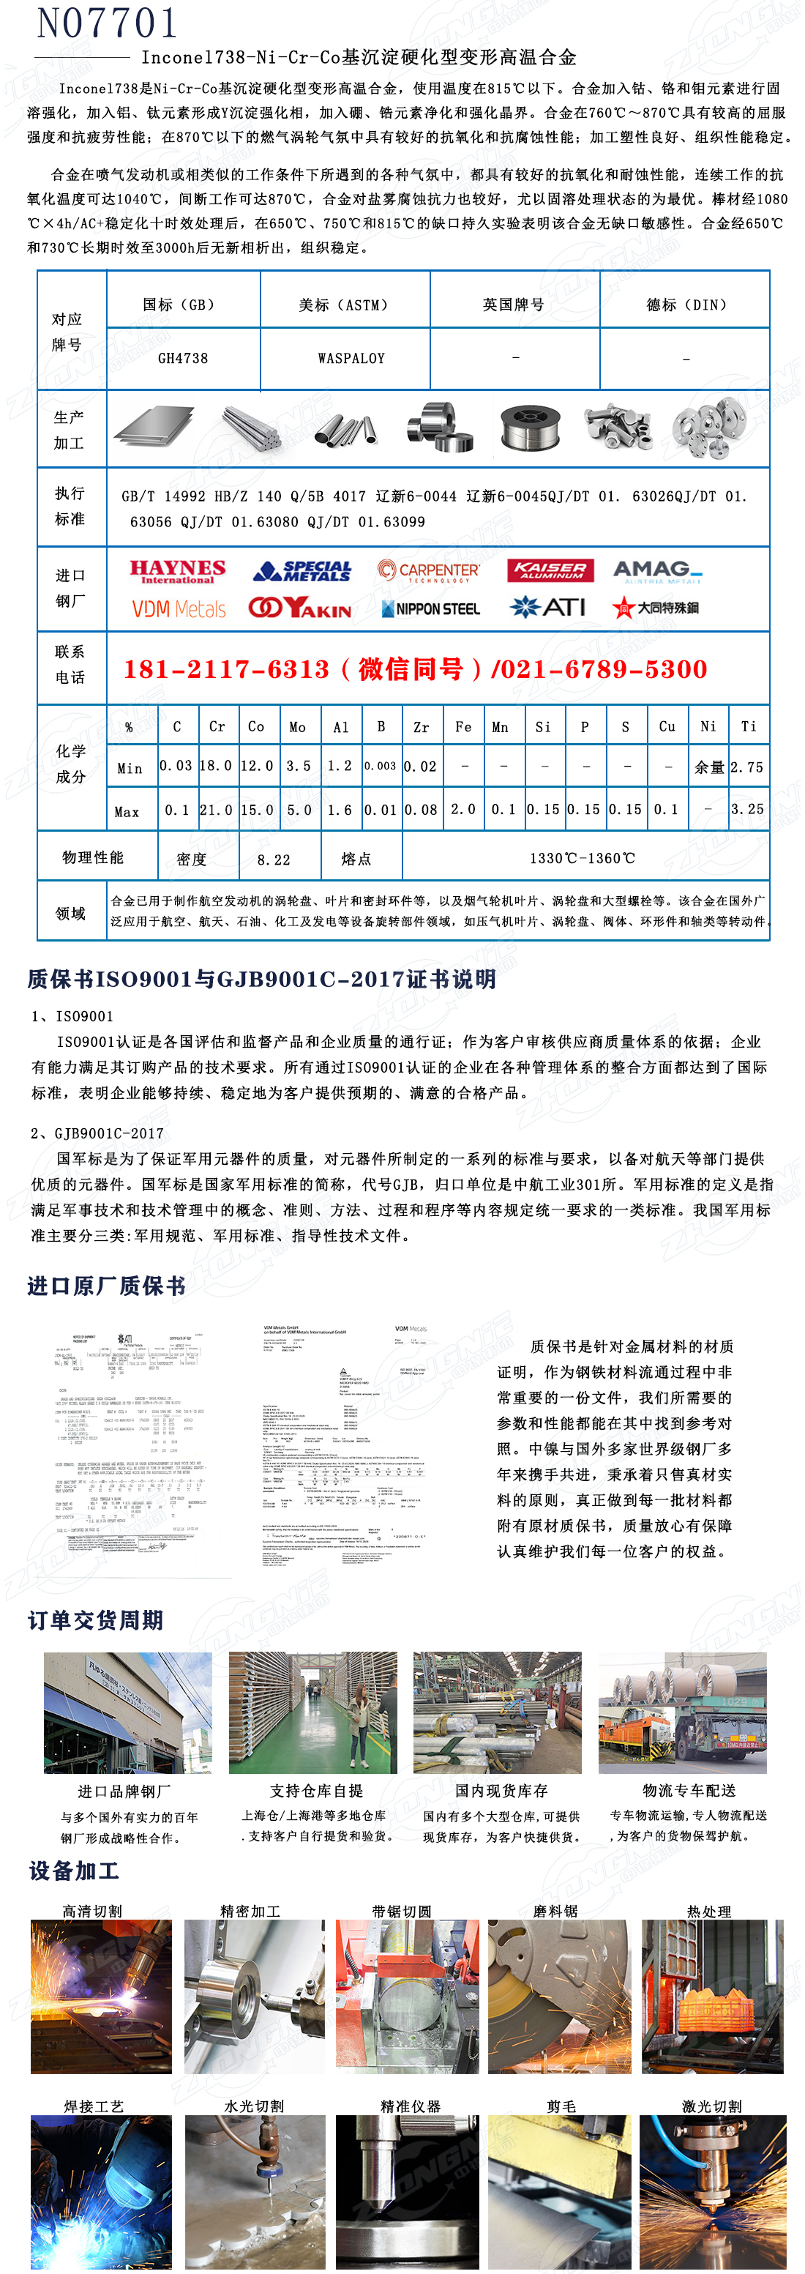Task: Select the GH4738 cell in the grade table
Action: click(x=183, y=359)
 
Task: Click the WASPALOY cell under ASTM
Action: click(x=351, y=359)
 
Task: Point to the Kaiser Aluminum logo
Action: click(x=550, y=571)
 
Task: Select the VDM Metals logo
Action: click(x=179, y=609)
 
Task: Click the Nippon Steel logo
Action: click(x=431, y=609)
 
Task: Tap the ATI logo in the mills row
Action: click(x=548, y=608)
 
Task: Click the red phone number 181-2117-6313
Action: click(x=226, y=669)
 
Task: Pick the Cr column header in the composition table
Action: click(x=217, y=726)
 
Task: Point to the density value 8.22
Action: click(x=274, y=859)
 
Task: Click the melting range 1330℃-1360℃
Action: click(x=582, y=858)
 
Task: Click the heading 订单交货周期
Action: click(x=95, y=1620)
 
